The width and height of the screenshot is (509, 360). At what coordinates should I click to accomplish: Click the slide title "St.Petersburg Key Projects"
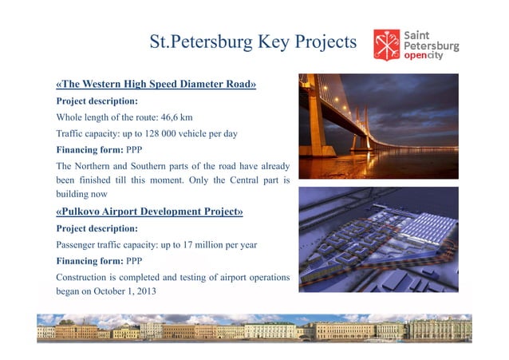pos(253,42)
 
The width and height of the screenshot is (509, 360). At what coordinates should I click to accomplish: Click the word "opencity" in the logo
pos(424,56)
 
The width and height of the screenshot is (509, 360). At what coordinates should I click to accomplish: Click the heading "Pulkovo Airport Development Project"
pos(149,212)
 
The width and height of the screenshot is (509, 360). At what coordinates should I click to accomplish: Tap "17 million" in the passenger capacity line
pos(210,244)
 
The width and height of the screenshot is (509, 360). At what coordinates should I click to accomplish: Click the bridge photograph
pos(378,126)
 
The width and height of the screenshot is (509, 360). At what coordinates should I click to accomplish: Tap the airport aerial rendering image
pos(378,239)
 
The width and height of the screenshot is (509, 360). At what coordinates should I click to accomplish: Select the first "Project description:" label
pos(97,101)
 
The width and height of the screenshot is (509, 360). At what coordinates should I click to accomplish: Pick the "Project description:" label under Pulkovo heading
pos(97,228)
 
